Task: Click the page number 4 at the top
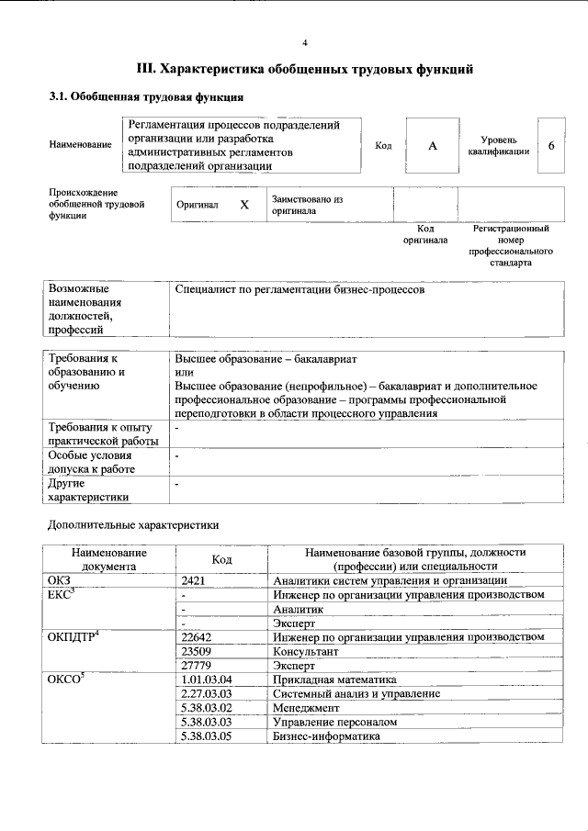tap(305, 43)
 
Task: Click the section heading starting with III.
tap(304, 69)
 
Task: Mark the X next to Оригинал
tap(244, 205)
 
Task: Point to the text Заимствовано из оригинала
tap(307, 204)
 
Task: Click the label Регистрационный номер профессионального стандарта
tap(511, 244)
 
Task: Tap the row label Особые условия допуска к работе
tap(92, 462)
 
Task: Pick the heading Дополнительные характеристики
tap(133, 526)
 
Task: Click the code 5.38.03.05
tap(207, 736)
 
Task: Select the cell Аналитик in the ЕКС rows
tap(298, 609)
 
